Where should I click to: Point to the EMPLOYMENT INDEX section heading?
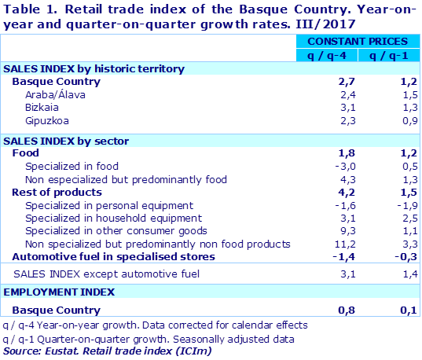click(59, 292)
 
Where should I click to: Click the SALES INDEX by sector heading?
click(66, 141)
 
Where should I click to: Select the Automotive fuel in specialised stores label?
click(114, 256)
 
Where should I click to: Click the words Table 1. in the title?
click(29, 10)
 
